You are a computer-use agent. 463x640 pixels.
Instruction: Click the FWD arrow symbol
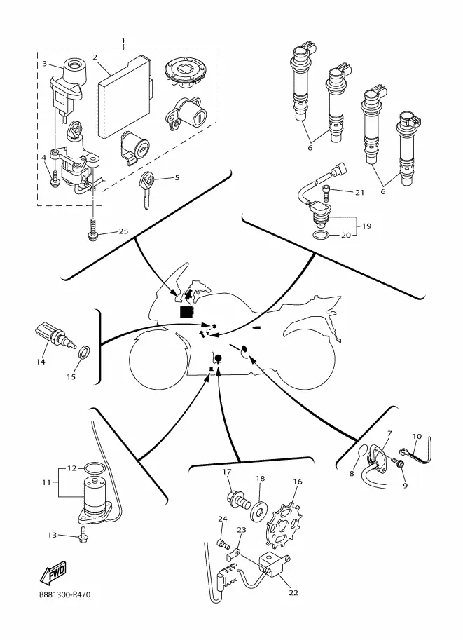pyautogui.click(x=53, y=572)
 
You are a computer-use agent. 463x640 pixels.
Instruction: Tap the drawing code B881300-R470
pyautogui.click(x=65, y=594)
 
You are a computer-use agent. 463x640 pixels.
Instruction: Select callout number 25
pyautogui.click(x=123, y=231)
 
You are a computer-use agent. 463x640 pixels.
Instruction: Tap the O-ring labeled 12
pyautogui.click(x=92, y=468)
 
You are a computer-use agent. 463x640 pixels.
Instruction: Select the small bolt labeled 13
pyautogui.click(x=83, y=536)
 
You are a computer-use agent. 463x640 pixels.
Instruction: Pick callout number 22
pyautogui.click(x=293, y=592)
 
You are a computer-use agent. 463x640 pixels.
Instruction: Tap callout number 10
pyautogui.click(x=417, y=436)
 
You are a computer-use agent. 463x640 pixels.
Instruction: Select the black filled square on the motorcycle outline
pyautogui.click(x=187, y=311)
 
